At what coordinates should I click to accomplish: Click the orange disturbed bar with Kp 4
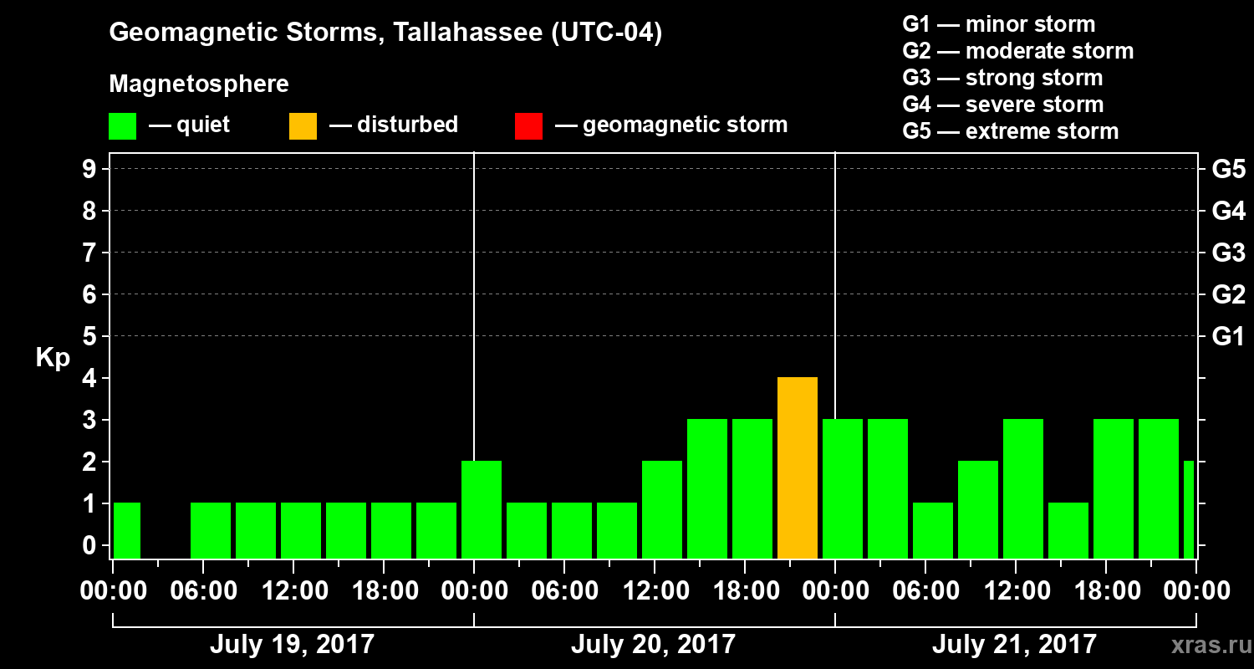(x=798, y=467)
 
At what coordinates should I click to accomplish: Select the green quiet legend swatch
(x=122, y=126)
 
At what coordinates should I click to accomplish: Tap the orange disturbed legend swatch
(x=303, y=126)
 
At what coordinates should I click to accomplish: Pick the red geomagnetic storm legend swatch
(x=528, y=126)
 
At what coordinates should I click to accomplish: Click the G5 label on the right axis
(x=1228, y=170)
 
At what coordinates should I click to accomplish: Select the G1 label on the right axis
(x=1228, y=337)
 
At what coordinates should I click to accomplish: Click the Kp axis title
(x=53, y=358)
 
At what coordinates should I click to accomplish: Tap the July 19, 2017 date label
(x=292, y=645)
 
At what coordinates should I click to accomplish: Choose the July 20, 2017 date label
(x=653, y=645)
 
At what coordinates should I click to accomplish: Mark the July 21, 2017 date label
(x=1014, y=645)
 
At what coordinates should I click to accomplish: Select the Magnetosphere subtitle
(x=199, y=84)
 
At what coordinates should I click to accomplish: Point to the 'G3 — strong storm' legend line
(x=1002, y=78)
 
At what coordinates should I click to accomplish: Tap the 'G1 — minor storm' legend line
(x=998, y=24)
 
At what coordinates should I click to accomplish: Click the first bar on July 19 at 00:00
(x=127, y=530)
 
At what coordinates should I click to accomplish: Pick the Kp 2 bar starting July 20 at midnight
(x=482, y=509)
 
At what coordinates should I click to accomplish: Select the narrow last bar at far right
(x=1189, y=509)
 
